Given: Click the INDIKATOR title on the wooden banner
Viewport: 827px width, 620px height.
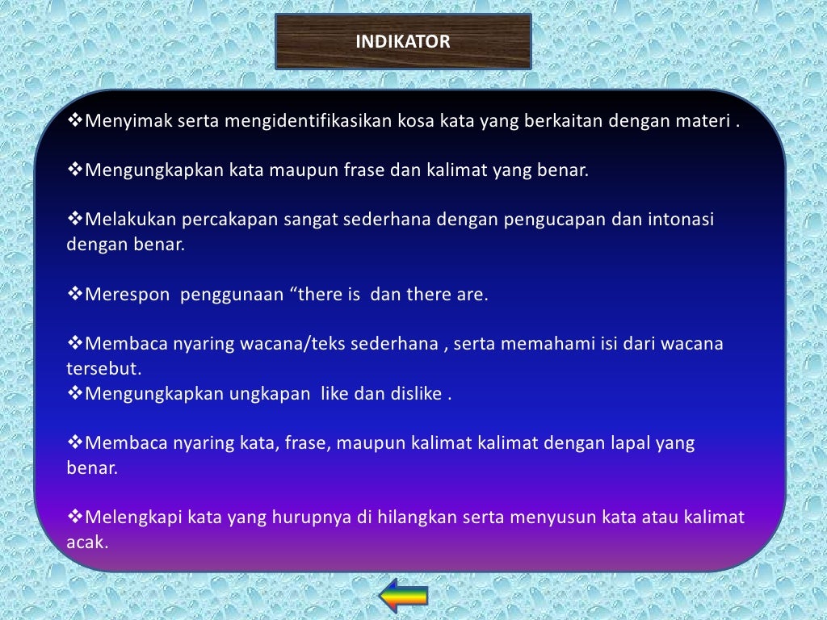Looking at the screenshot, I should point(403,41).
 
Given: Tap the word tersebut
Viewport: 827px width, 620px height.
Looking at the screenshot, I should point(103,369).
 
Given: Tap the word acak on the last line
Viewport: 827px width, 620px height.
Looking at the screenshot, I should point(86,542).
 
